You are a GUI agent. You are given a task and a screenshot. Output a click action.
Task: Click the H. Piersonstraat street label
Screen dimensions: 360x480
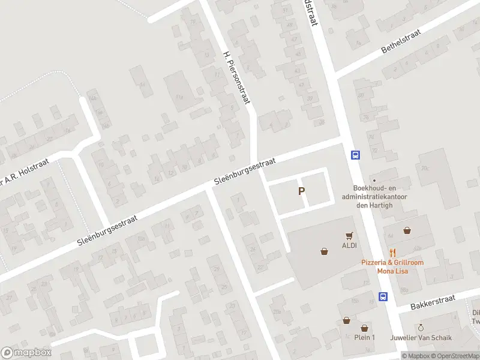coord(235,78)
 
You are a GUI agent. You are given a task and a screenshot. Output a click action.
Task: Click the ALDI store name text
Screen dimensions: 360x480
coord(349,245)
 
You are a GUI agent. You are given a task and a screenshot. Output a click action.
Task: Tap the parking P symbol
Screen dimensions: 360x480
coord(302,191)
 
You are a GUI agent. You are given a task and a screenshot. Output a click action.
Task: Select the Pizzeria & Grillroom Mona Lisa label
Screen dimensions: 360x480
coord(392,266)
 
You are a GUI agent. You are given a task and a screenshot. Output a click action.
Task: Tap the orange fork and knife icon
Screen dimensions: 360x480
coord(393,253)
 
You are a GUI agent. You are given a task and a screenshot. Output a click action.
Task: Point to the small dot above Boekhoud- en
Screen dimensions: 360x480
coord(374,180)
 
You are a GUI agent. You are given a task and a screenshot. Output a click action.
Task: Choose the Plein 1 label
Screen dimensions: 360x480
coord(364,337)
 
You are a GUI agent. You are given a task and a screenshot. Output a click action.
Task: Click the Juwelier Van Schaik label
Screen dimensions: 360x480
coord(421,337)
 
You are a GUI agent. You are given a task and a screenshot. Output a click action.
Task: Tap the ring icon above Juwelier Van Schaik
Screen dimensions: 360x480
coord(421,328)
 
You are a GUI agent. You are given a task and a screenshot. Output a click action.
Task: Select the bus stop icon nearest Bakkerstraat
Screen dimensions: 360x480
coord(383,296)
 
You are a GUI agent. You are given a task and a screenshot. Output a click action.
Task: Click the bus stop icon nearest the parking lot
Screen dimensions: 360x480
coord(355,155)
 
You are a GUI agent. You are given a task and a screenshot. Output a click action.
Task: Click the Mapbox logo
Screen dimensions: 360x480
coord(26,353)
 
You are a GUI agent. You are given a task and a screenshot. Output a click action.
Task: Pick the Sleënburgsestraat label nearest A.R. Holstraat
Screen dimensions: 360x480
coord(107,230)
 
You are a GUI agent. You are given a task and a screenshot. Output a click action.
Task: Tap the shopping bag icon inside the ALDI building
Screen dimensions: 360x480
coord(325,251)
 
